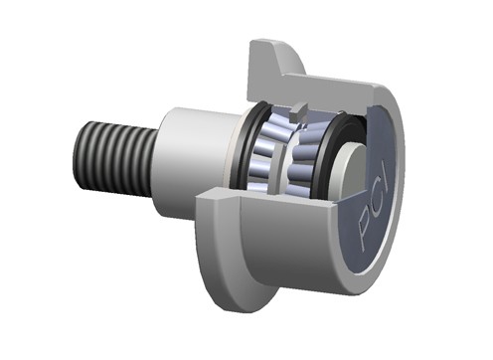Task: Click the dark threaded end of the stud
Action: tap(114, 159)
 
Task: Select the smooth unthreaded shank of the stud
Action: tap(196, 162)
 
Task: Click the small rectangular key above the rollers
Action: tap(297, 113)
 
